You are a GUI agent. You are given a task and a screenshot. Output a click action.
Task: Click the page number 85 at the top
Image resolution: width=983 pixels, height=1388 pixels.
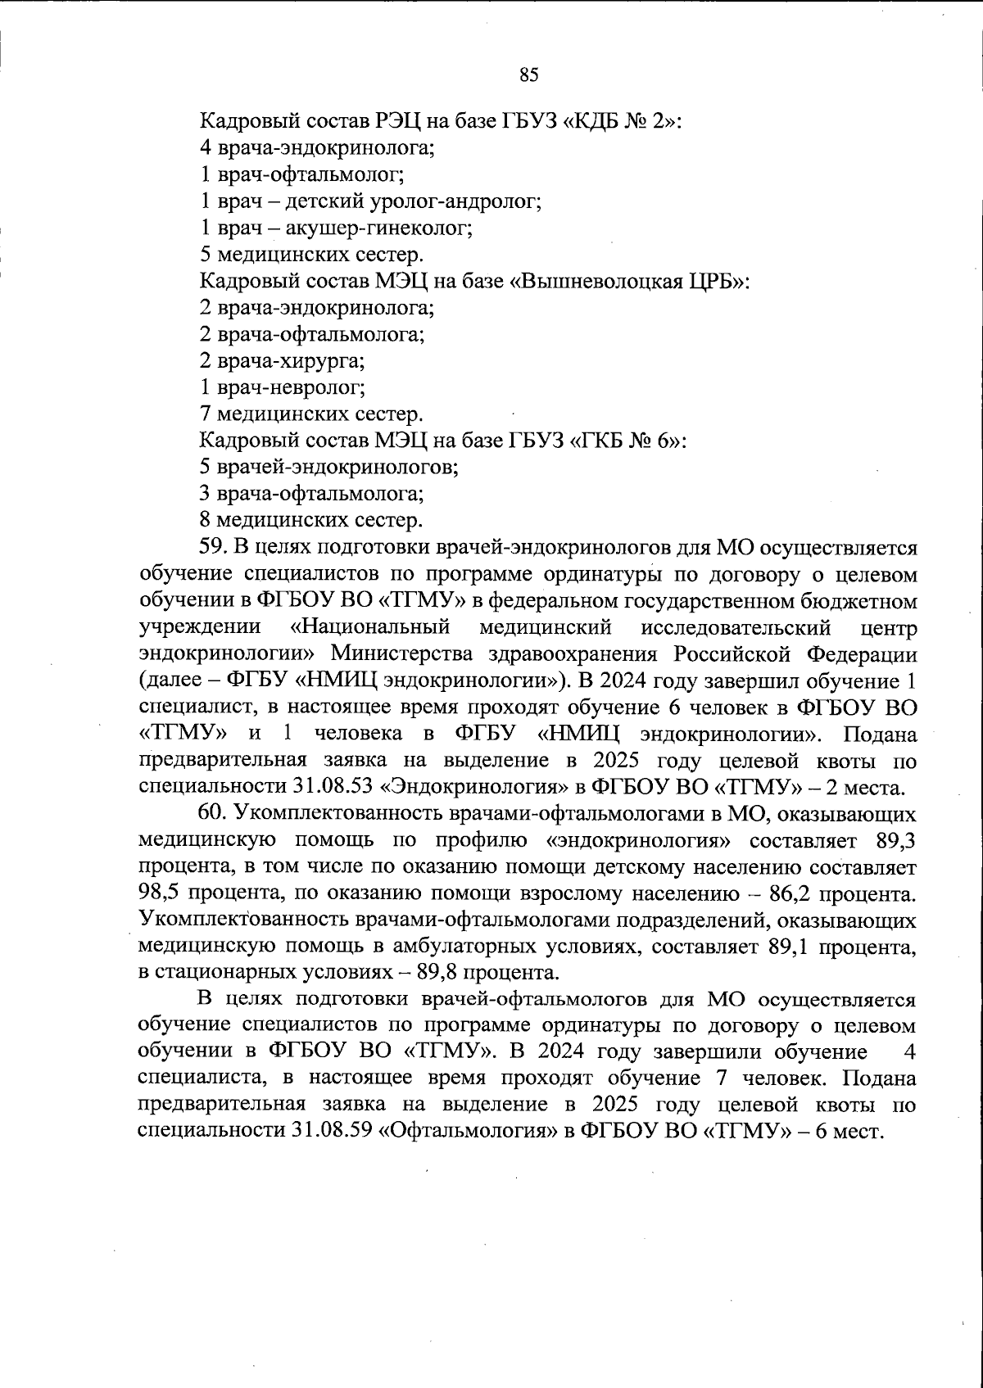528,75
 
